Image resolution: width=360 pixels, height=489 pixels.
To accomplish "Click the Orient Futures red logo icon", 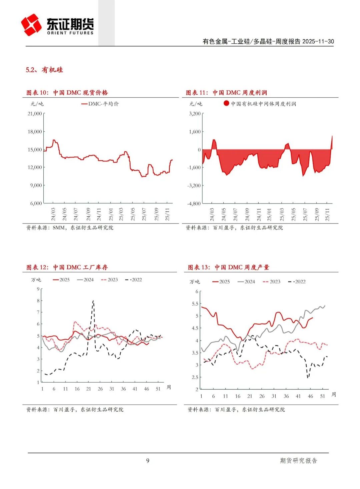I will click(x=31, y=25).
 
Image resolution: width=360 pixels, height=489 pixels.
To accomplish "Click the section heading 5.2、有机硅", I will click(x=44, y=70).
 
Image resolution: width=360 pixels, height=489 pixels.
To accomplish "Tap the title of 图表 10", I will click(x=67, y=92).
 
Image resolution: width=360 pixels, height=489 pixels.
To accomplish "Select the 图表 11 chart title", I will click(x=226, y=92).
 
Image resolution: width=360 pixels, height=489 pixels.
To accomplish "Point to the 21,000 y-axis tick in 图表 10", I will click(x=35, y=113).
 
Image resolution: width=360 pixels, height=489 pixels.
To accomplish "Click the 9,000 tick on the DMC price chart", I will click(x=36, y=185).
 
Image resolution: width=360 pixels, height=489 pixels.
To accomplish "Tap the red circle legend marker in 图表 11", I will click(x=226, y=103).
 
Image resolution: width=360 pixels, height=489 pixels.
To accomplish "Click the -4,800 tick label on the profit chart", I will click(x=194, y=203).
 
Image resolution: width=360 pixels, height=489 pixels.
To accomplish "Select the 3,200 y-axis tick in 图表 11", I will click(x=195, y=113).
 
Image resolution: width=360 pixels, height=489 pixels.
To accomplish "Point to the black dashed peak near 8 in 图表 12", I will click(x=93, y=301).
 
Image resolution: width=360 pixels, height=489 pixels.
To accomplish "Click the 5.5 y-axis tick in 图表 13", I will click(x=195, y=304).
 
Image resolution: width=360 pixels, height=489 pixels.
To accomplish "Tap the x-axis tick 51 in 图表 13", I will click(x=322, y=396).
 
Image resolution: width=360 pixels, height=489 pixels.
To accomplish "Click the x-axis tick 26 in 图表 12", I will click(x=100, y=389).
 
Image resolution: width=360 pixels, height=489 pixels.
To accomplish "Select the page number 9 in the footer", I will click(x=148, y=461).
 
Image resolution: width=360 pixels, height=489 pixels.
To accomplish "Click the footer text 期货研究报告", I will click(x=298, y=461).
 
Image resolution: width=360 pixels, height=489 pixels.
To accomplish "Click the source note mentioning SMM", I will click(x=70, y=227).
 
